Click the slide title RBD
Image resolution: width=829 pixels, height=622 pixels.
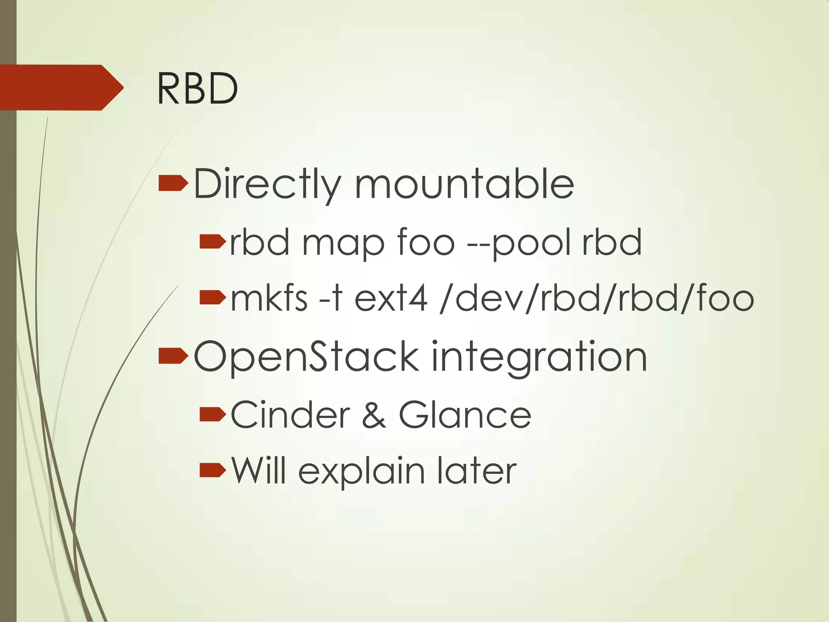(197, 89)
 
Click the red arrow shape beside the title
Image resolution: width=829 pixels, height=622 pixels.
(61, 87)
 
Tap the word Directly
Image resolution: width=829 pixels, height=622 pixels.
(268, 185)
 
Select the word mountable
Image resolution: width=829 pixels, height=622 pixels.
(464, 185)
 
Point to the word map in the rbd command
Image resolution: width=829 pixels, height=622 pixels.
(343, 243)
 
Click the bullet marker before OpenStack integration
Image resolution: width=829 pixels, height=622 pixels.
(173, 356)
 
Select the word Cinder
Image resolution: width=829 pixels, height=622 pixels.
(290, 415)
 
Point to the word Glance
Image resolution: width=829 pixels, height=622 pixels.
(465, 415)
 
